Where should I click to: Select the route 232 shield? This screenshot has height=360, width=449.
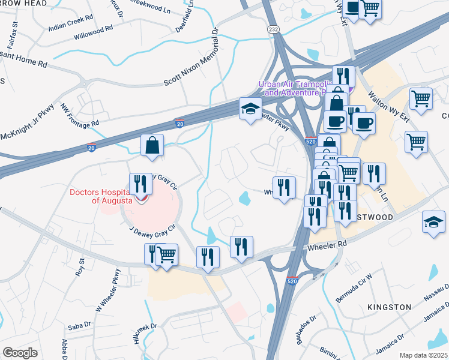click(273, 29)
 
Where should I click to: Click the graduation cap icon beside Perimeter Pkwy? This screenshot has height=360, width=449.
click(250, 109)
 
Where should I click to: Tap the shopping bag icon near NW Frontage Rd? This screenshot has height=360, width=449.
click(152, 145)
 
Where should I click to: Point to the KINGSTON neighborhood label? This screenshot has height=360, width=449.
click(390, 307)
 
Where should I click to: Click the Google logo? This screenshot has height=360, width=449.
click(20, 353)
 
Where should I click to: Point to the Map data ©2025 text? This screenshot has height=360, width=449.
click(423, 355)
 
